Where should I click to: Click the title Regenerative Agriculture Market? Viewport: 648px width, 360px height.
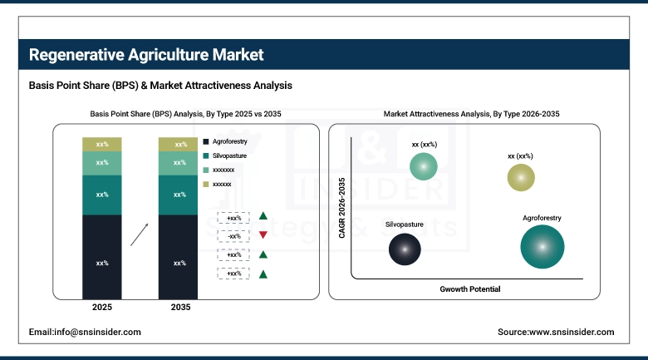click(x=146, y=55)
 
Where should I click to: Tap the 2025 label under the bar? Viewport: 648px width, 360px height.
click(x=101, y=308)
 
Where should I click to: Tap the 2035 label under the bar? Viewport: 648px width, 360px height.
click(x=179, y=308)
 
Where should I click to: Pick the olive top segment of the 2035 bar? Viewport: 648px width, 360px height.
click(x=179, y=145)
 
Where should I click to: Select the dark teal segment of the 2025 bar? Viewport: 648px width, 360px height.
click(x=101, y=195)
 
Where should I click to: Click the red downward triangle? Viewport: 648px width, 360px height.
click(x=263, y=235)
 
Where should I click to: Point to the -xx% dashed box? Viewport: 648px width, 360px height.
click(x=233, y=235)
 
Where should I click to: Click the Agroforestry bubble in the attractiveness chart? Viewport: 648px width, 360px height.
click(x=542, y=247)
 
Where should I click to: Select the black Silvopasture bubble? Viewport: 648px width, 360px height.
click(x=405, y=249)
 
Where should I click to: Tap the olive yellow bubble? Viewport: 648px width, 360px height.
click(x=521, y=177)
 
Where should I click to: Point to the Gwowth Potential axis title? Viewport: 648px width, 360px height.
click(x=470, y=289)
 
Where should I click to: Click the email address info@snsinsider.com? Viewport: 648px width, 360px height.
click(x=85, y=332)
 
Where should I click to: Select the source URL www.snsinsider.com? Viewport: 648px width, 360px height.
click(x=556, y=332)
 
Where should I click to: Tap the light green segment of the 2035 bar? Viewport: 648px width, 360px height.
click(x=179, y=163)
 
